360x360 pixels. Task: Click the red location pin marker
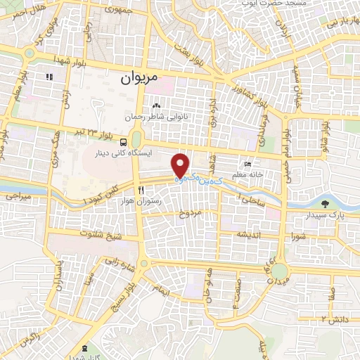click(181, 165)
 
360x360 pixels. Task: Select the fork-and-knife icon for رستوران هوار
click(141, 191)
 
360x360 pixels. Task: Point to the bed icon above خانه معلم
click(245, 162)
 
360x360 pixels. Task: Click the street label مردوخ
click(190, 212)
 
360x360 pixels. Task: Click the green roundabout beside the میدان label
click(280, 271)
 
